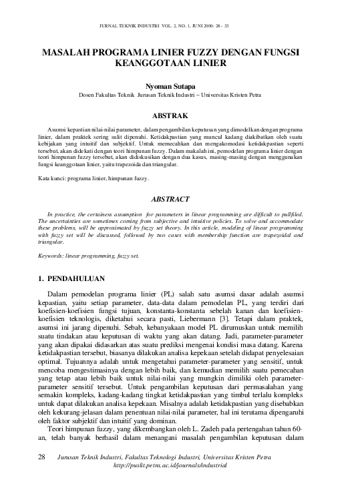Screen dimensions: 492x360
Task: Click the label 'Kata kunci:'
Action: tap(53, 180)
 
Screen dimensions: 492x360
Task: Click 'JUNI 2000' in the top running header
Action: tap(193, 26)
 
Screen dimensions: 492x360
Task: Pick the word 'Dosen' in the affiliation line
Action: tap(87, 95)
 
